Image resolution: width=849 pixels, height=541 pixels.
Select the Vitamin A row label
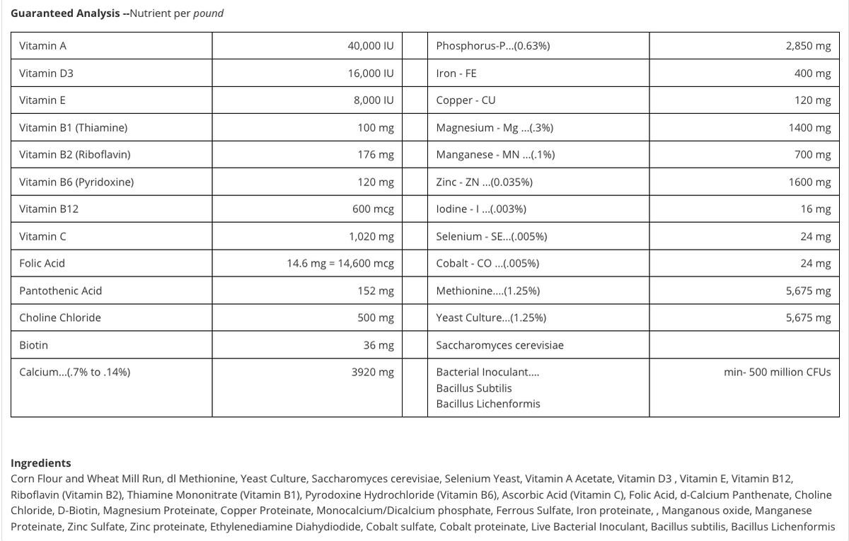[x=42, y=46]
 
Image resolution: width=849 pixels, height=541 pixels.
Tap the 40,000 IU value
[x=370, y=46]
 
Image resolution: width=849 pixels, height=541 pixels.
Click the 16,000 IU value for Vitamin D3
[x=370, y=74]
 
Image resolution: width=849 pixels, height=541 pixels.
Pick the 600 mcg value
[x=373, y=209]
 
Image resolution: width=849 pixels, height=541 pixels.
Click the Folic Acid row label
[x=42, y=263]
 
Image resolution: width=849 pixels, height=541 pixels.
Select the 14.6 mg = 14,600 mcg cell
[x=340, y=264]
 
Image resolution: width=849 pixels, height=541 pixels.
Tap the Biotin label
[x=33, y=345]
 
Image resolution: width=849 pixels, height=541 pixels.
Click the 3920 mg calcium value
[x=372, y=372]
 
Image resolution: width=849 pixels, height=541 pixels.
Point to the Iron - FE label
[x=456, y=74]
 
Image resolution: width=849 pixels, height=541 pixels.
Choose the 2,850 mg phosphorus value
[x=808, y=46]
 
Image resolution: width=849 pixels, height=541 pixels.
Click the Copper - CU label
[x=466, y=100]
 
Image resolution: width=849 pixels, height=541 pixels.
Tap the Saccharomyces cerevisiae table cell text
[x=499, y=345]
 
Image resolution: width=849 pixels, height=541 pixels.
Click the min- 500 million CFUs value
[x=777, y=372]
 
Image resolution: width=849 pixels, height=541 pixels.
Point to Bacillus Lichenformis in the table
[x=487, y=404]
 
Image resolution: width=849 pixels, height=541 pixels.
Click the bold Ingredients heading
[x=40, y=463]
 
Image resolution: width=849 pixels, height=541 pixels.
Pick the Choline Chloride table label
[x=59, y=318]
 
